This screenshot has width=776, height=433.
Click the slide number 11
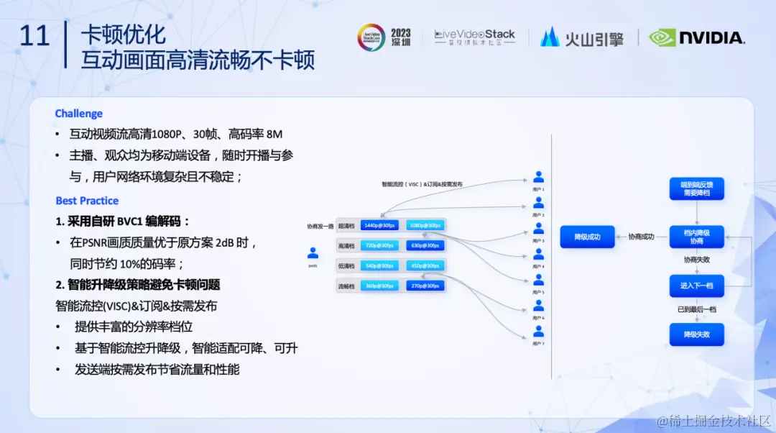[34, 36]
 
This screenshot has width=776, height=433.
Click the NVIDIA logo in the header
[697, 37]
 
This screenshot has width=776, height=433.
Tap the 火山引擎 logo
[582, 37]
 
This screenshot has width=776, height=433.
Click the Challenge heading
[79, 114]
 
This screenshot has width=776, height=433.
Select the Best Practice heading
[87, 201]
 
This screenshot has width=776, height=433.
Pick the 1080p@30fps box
[425, 225]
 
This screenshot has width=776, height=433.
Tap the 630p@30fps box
[425, 245]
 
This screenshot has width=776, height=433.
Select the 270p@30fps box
[425, 286]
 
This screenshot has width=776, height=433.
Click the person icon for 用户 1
[539, 177]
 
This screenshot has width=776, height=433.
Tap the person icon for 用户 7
[539, 331]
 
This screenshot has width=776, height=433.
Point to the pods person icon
[313, 253]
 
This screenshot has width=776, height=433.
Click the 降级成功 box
[587, 237]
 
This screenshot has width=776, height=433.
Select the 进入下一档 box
[696, 286]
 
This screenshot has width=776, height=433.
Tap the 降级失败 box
[696, 334]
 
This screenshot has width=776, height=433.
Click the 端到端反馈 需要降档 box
[696, 188]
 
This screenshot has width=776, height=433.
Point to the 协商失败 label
[696, 260]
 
